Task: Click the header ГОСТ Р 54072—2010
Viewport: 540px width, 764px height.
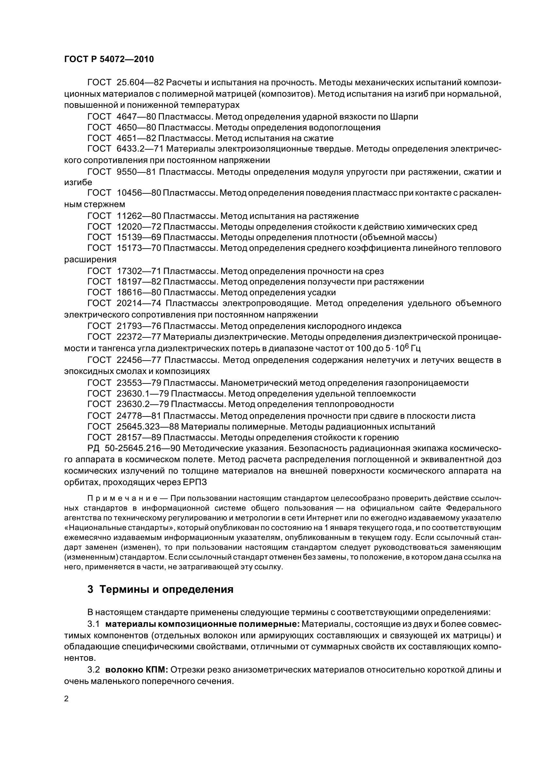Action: click(109, 59)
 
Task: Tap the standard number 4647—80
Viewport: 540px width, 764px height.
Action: click(137, 117)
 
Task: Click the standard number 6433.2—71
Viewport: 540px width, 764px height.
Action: click(139, 149)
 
